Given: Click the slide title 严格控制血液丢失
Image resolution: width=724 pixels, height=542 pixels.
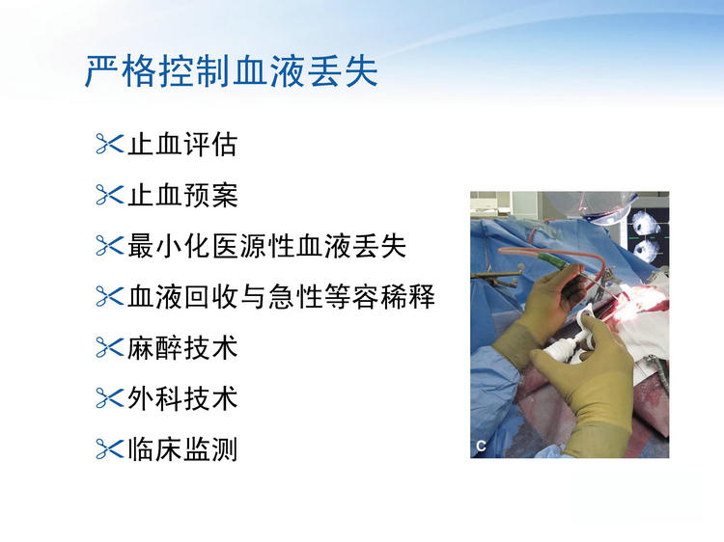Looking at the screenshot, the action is [232, 71].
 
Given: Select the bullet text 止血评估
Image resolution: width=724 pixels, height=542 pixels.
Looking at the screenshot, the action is [182, 145].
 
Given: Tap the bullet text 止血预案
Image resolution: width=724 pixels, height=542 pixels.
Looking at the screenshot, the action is [182, 195].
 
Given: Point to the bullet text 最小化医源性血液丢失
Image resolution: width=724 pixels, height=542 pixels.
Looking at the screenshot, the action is [266, 246].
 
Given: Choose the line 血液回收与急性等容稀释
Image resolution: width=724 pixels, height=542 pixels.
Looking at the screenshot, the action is [281, 297].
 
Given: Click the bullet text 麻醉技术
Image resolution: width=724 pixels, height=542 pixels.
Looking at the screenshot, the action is [182, 347].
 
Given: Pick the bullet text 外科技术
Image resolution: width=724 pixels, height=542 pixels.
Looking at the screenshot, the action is [182, 398].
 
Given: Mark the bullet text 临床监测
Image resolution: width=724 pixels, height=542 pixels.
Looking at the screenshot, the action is [182, 448].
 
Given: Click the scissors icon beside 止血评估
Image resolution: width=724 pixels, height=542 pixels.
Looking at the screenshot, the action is [109, 144].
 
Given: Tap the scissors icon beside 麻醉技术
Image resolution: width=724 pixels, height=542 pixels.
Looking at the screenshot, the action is [109, 347].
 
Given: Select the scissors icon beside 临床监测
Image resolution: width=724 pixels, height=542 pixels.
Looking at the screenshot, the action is [109, 448].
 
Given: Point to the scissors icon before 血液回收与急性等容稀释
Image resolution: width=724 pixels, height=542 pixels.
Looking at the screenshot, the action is [109, 296].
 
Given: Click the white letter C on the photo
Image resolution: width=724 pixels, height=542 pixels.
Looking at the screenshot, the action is [481, 447].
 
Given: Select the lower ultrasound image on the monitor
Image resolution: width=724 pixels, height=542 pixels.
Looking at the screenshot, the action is [646, 251].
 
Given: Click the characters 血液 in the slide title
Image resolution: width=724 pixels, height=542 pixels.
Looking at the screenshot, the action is [268, 71].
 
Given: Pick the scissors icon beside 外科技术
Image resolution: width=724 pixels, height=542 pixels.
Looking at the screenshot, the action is [109, 397].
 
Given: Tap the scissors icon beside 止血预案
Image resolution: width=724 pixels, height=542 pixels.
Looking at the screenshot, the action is [109, 195].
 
